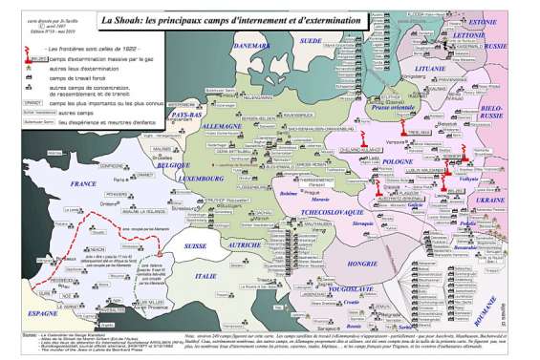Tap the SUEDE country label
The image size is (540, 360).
point(311,41)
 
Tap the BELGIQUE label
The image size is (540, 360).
point(174,164)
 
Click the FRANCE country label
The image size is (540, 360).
point(84,183)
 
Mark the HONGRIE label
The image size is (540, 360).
point(363,262)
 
